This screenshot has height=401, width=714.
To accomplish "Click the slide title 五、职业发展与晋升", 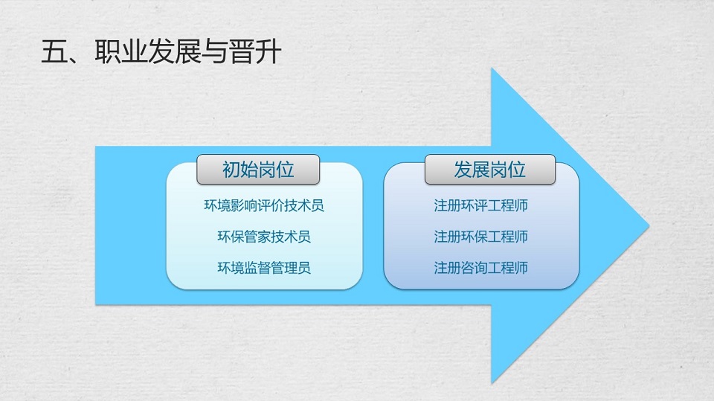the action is coord(161,51).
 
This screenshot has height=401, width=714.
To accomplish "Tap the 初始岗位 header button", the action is coord(258,170).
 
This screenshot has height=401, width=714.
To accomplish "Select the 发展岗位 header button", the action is coord(490,170).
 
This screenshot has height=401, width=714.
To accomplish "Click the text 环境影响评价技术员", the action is coord(264,205).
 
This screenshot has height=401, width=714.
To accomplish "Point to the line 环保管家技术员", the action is coord(264,237).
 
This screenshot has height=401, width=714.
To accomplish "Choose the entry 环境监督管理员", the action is coord(264,268).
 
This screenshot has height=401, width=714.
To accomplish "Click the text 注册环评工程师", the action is coord(481,205).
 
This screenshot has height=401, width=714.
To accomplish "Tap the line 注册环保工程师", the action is coord(481,237).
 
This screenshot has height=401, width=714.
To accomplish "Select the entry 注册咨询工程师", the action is coord(481,268).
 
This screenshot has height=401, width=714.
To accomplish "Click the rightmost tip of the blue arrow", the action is coord(649,225).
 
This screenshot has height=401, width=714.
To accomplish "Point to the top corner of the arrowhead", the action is coord(492,68).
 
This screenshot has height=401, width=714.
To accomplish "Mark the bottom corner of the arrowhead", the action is coord(492,382).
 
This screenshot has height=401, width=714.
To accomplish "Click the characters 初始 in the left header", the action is coord(240,170).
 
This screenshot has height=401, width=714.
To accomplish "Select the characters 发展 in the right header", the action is coord(472,170).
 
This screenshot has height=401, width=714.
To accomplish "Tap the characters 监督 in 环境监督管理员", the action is coord(257,268).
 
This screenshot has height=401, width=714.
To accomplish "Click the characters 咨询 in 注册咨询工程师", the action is coord(474,268).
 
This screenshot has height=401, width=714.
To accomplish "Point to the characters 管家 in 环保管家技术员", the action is coord(257,237).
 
